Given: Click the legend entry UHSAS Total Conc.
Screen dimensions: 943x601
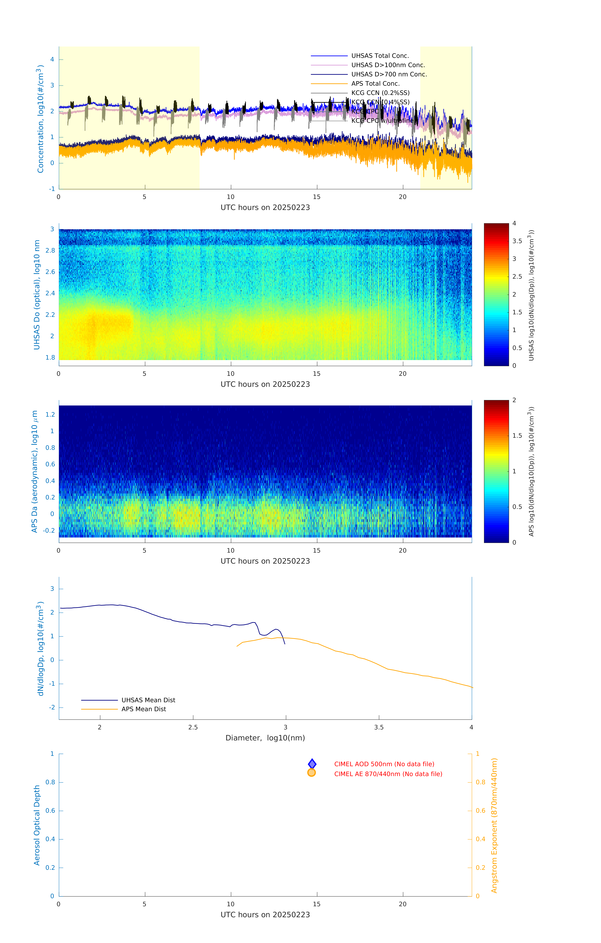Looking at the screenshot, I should pos(380,56).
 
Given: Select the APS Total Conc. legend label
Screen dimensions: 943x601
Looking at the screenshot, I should pos(375,83).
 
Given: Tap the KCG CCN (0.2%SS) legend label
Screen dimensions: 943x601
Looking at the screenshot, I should pos(380,93).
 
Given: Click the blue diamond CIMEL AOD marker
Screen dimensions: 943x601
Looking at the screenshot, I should pos(312,764).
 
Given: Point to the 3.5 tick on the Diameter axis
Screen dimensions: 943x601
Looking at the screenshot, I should pos(379,727).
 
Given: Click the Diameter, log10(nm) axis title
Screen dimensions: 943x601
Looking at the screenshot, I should pos(265,738).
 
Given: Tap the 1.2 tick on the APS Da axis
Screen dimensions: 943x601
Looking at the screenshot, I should pos(50,414).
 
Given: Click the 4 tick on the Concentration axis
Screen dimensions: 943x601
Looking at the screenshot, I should pos(52,60).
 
